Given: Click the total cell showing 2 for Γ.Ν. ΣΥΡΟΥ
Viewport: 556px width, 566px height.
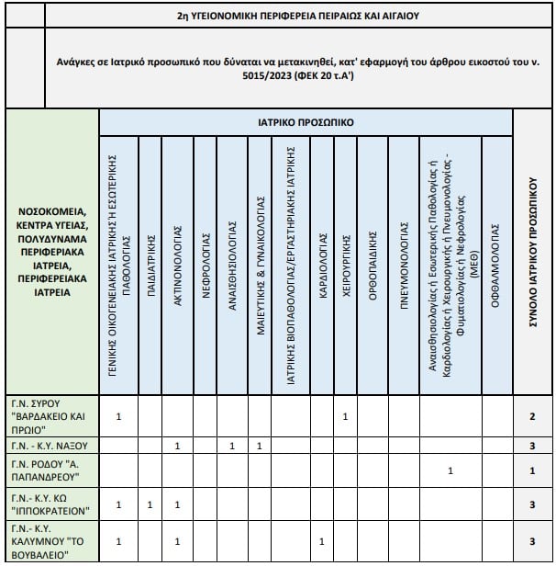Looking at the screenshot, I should [x=533, y=417].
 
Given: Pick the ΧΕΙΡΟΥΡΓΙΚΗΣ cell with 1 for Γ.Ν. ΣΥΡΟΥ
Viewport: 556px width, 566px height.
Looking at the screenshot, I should [x=345, y=417].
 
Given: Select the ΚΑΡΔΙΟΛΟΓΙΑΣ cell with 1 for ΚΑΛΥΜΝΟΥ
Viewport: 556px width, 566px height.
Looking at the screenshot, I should [x=322, y=541].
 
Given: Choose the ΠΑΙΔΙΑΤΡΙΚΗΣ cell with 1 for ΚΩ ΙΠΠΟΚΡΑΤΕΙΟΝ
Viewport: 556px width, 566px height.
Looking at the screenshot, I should [x=150, y=505].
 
